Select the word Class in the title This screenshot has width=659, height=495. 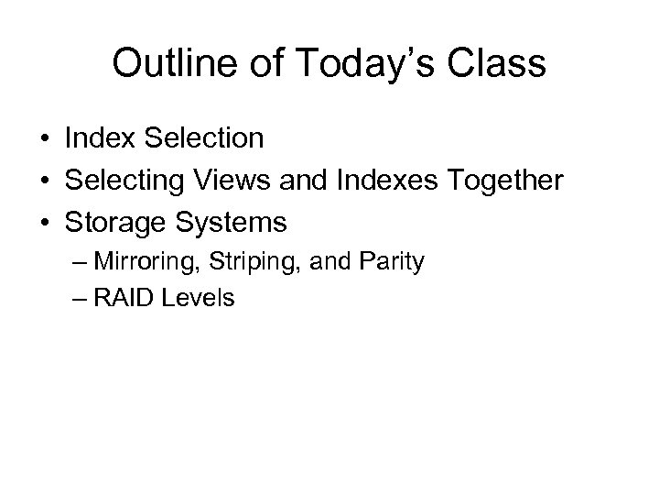[x=495, y=63]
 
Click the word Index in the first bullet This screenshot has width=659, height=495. [x=96, y=138]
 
